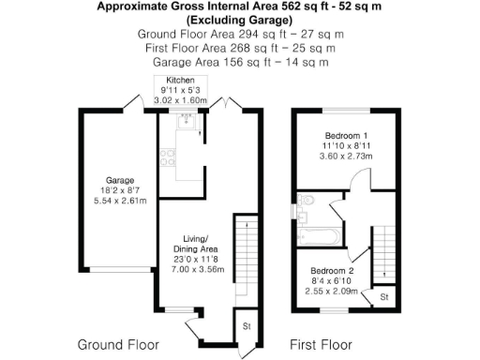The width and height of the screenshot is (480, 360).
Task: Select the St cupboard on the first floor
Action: click(x=382, y=297)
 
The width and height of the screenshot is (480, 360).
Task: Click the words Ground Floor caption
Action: click(x=117, y=343)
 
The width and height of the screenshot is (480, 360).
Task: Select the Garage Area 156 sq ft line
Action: click(x=240, y=62)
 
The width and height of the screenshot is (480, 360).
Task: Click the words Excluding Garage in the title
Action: click(x=240, y=20)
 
